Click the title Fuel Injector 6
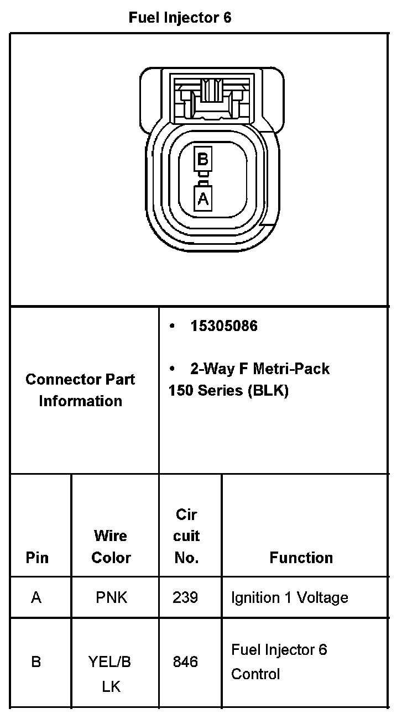[x=180, y=18]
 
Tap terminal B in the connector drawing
[x=203, y=160]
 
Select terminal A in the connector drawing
[x=203, y=198]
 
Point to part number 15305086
[x=223, y=326]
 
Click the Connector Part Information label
[x=80, y=390]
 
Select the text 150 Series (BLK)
[x=228, y=391]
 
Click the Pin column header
[x=37, y=558]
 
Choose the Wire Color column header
[x=111, y=547]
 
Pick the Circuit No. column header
[x=186, y=536]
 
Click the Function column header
[x=301, y=558]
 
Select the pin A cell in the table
[x=36, y=597]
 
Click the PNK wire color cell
[x=111, y=597]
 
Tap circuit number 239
[x=185, y=597]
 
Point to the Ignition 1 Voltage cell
[x=289, y=597]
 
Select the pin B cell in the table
[x=36, y=662]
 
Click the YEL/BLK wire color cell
[x=110, y=674]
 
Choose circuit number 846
[x=185, y=662]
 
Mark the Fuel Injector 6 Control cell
[x=279, y=662]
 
